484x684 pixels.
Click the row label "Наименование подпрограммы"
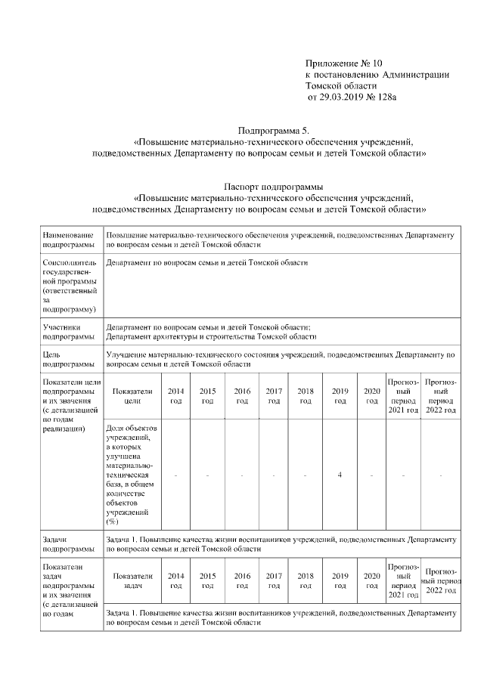tap(69, 240)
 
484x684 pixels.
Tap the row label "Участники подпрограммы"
tap(69, 332)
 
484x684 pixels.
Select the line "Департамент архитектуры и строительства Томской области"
tap(211, 337)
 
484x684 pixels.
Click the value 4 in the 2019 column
tap(340, 475)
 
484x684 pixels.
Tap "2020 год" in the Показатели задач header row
tap(371, 580)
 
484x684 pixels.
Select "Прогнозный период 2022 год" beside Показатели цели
tap(439, 396)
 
